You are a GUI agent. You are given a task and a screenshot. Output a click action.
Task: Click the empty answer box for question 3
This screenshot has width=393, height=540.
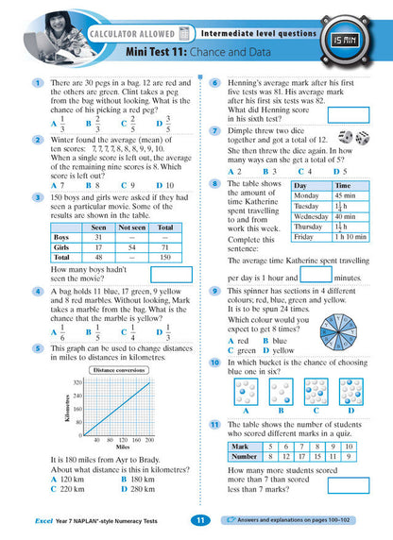pos(171,275)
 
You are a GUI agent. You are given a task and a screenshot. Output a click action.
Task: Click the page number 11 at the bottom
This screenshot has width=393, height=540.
pos(199,520)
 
